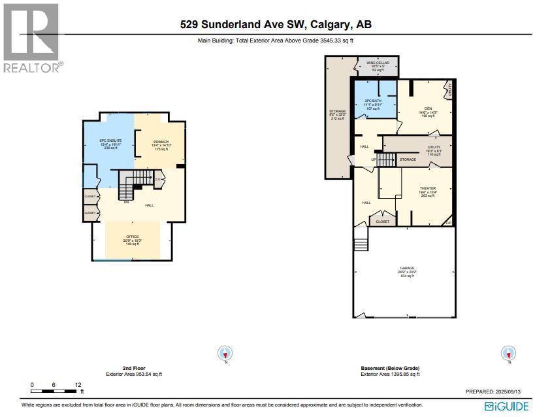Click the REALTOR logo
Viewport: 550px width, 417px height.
(31, 37)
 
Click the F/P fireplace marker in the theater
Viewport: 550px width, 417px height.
(448, 224)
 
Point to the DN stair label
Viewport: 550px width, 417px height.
(126, 202)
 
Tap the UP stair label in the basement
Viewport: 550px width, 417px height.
(373, 159)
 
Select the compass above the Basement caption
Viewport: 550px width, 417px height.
(508, 353)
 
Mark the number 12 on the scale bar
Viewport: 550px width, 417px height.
(78, 385)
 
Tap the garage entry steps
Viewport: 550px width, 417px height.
(360, 244)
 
